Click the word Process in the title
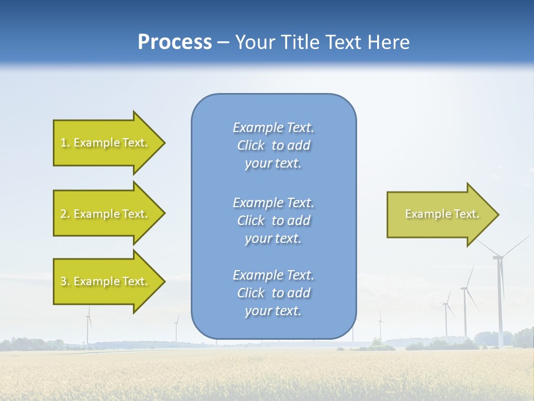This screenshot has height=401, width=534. [x=175, y=42]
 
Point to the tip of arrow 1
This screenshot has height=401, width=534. [x=164, y=143]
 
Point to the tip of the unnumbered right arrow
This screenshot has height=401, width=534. [x=498, y=214]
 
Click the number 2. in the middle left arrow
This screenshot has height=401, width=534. [x=65, y=214]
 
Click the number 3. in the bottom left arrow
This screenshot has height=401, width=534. [x=65, y=281]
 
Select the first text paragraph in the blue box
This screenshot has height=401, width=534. [x=273, y=145]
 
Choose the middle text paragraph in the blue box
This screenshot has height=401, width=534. [x=273, y=221]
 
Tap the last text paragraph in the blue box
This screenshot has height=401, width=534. [x=273, y=293]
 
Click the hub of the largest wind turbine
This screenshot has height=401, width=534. [x=499, y=257]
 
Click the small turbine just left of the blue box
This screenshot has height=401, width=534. [x=177, y=329]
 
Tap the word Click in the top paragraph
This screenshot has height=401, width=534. [x=251, y=145]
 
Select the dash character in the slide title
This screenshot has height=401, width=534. [x=224, y=43]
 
